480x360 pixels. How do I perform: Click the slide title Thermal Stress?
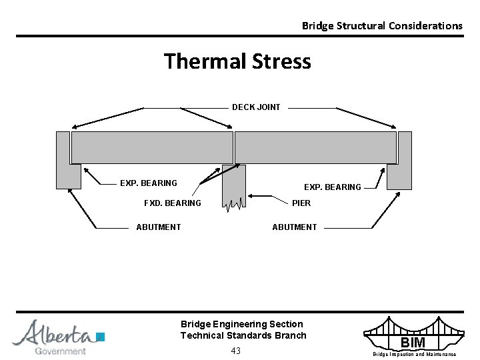(x=237, y=61)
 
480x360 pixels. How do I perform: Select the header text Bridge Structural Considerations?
(x=381, y=26)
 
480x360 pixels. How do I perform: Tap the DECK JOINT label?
(x=256, y=107)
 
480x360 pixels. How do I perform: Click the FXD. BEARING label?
(x=173, y=203)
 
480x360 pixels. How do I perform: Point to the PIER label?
(x=301, y=203)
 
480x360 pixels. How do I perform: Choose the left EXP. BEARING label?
(x=148, y=183)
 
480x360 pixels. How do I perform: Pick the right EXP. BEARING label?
(x=332, y=187)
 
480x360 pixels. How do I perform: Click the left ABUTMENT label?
(x=158, y=227)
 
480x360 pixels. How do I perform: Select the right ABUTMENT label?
(x=294, y=227)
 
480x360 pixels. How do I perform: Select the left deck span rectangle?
(x=152, y=147)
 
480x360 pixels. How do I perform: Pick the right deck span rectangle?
(x=315, y=147)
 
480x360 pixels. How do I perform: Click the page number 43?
(x=235, y=351)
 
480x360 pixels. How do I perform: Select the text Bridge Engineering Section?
(x=241, y=324)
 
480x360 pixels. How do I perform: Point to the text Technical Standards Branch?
(x=243, y=335)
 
